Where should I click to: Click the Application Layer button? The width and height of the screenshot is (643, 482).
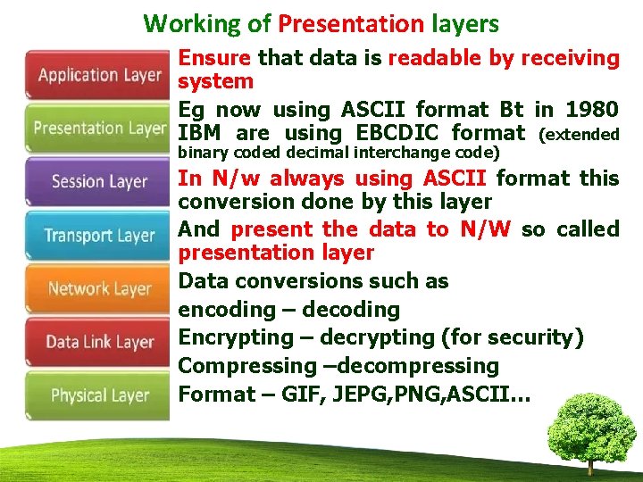click(98, 75)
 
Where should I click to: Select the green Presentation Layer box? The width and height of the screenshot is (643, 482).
click(98, 129)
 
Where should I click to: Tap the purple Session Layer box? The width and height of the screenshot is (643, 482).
click(98, 182)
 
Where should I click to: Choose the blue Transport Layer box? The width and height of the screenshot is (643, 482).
click(98, 236)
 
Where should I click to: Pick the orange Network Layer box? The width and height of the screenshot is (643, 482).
click(98, 288)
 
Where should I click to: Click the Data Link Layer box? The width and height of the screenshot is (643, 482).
click(98, 342)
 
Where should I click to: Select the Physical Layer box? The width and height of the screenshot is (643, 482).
click(98, 395)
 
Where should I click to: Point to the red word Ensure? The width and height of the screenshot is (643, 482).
click(215, 59)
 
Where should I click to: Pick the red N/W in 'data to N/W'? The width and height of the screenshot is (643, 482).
click(486, 229)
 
